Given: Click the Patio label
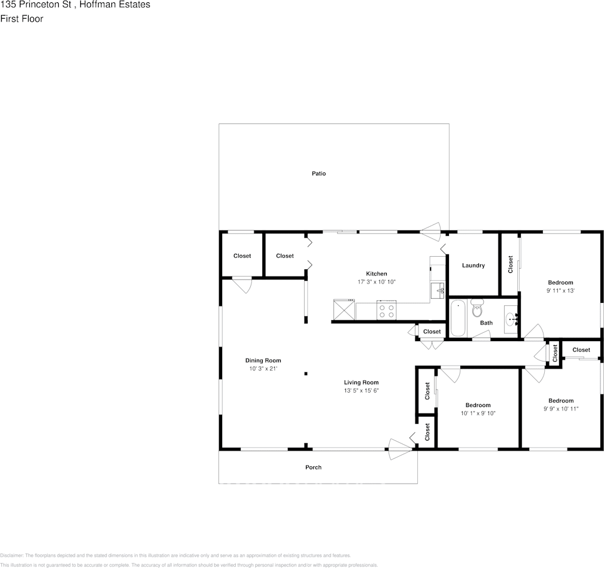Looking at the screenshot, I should tap(318, 174).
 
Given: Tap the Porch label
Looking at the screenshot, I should tap(313, 467).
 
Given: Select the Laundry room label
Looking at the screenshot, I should tap(474, 266).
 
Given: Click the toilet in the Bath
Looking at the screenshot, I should tap(477, 309).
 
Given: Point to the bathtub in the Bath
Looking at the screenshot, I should tap(458, 318).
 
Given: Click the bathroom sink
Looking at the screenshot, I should tap(511, 319).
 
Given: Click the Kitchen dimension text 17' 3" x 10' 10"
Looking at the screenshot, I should tap(377, 282).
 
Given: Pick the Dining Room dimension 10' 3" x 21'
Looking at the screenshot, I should tap(263, 369).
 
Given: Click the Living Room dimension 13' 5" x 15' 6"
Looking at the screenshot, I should tap(361, 391).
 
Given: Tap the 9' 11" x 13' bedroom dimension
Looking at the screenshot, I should tap(560, 291).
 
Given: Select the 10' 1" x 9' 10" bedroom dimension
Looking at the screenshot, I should tap(478, 414).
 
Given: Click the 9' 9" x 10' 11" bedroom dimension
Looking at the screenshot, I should tap(561, 409).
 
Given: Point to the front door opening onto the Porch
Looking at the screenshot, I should tap(399, 449).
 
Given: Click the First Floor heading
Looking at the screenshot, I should tap(22, 19).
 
